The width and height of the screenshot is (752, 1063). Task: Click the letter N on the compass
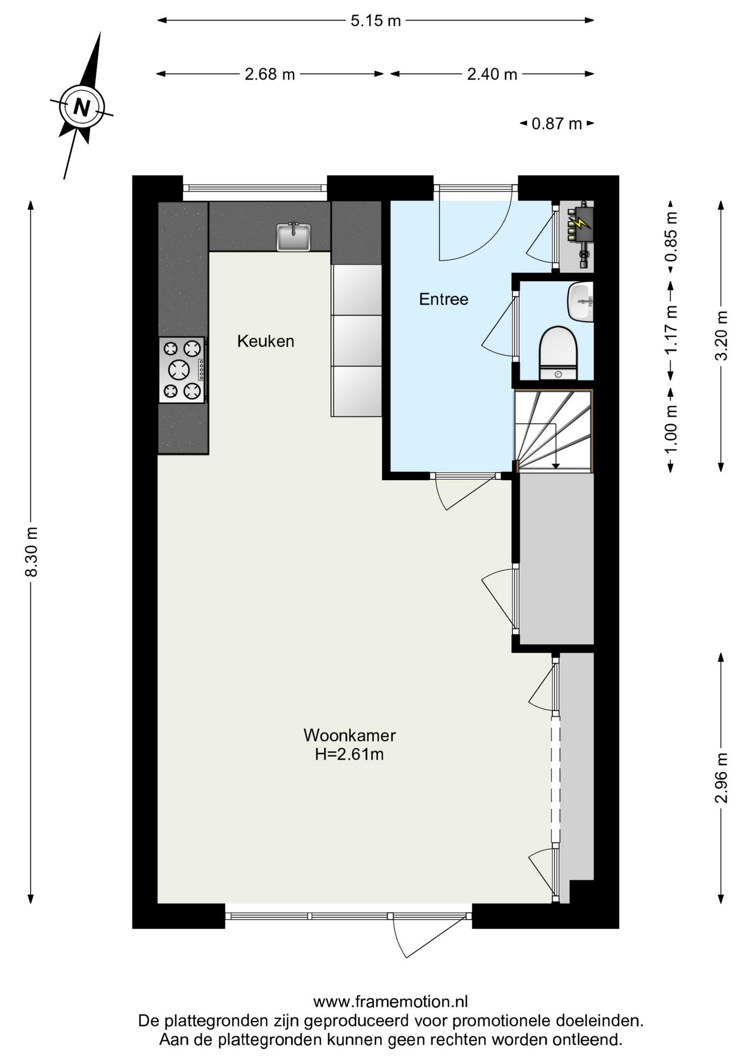click(x=81, y=107)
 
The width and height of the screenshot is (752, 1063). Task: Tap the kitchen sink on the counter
click(x=293, y=236)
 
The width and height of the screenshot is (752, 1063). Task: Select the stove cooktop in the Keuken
click(x=182, y=370)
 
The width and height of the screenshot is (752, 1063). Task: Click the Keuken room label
click(x=266, y=341)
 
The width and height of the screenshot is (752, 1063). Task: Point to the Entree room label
click(x=444, y=300)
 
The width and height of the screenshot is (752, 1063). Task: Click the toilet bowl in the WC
click(x=558, y=353)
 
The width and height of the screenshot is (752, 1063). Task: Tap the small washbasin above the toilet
click(x=580, y=301)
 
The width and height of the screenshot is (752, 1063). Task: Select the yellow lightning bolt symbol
click(x=579, y=223)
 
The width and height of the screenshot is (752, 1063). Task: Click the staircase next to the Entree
click(x=554, y=431)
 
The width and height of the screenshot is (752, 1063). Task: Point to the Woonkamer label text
click(x=349, y=735)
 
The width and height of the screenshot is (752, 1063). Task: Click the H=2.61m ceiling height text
click(x=349, y=754)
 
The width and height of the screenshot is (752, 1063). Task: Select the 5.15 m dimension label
click(x=375, y=20)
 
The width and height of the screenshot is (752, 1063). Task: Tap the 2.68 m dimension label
click(x=270, y=74)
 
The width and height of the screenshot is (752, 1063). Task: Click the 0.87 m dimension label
click(x=557, y=123)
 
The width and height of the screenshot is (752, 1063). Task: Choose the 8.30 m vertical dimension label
click(x=32, y=551)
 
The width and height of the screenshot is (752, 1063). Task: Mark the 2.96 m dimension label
click(x=721, y=778)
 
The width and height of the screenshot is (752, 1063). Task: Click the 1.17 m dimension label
click(x=671, y=330)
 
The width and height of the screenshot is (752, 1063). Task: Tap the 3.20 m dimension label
click(x=721, y=336)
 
